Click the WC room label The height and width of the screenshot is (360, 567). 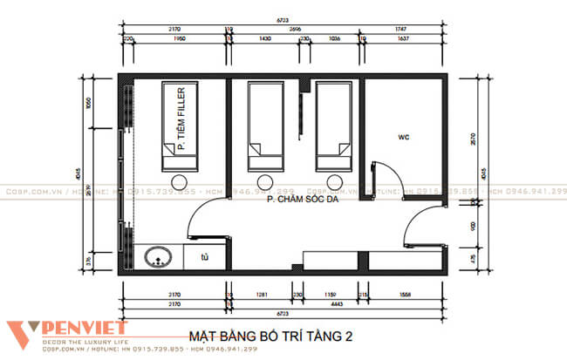[x=403, y=137]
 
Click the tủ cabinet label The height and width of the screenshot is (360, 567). [x=204, y=257]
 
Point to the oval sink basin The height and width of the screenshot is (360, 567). [x=159, y=258]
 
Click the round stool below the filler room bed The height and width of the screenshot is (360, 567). [x=181, y=182]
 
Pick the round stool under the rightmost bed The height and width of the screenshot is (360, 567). [x=332, y=182]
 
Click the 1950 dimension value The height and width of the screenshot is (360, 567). [x=180, y=39]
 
